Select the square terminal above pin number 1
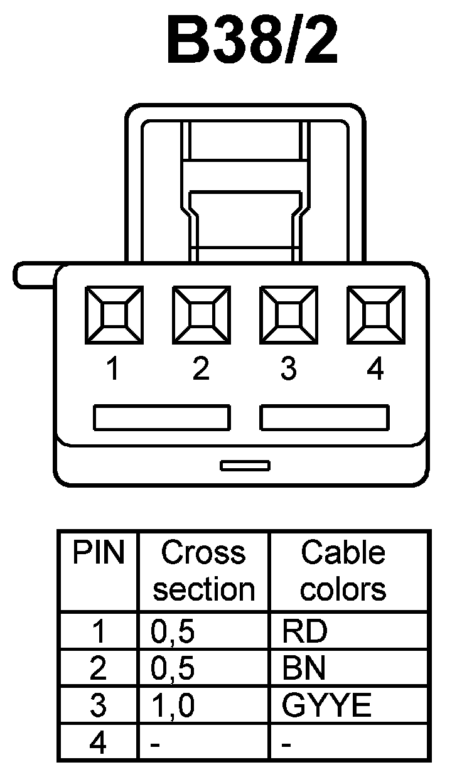pyautogui.click(x=114, y=316)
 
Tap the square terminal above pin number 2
pyautogui.click(x=201, y=316)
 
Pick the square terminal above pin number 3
pyautogui.click(x=288, y=316)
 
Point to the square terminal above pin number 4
pyautogui.click(x=375, y=316)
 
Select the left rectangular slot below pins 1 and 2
pyautogui.click(x=161, y=417)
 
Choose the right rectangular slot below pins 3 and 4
pyautogui.click(x=325, y=417)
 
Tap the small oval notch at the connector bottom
pyautogui.click(x=245, y=466)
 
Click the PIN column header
pyautogui.click(x=99, y=553)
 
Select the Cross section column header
pyautogui.click(x=203, y=571)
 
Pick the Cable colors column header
pyautogui.click(x=343, y=571)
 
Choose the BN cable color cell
pyautogui.click(x=304, y=670)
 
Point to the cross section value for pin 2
pyautogui.click(x=173, y=670)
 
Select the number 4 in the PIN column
pyautogui.click(x=99, y=744)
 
